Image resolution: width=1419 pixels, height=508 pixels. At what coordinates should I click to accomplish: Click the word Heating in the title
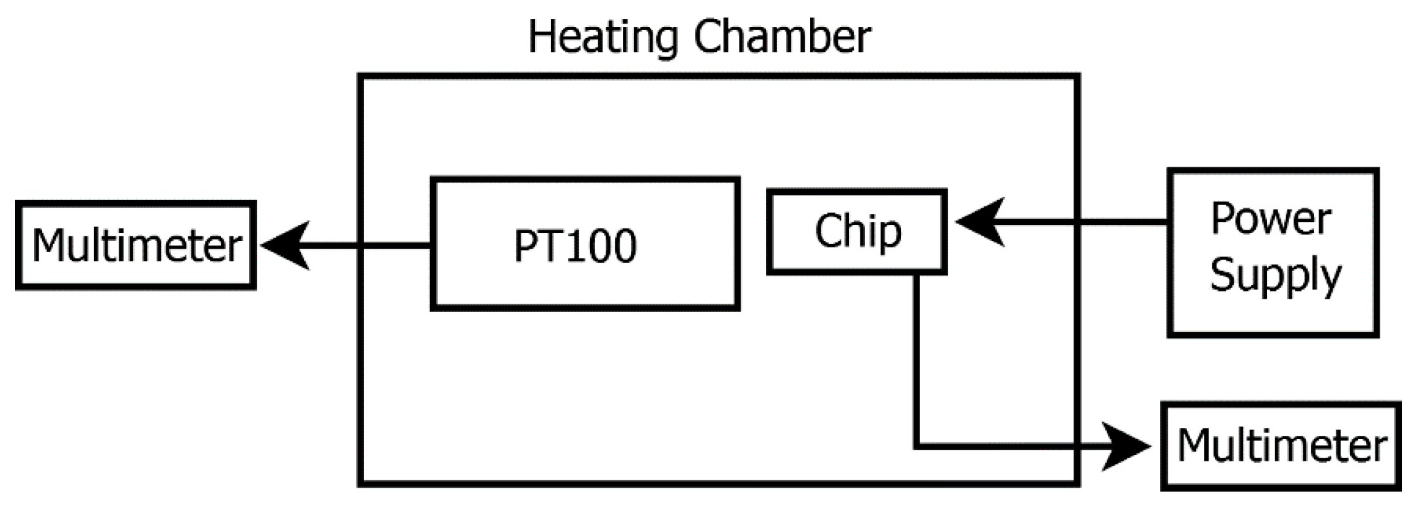point(602,37)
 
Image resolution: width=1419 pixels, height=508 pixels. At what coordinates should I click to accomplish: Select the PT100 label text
point(574,245)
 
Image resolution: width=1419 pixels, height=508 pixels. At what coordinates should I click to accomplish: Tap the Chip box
point(856,231)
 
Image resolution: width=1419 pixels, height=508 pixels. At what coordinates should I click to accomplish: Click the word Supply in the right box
point(1275,274)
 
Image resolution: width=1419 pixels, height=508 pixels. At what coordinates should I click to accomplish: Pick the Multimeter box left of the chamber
point(136,245)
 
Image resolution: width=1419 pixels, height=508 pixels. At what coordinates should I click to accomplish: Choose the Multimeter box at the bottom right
point(1281,446)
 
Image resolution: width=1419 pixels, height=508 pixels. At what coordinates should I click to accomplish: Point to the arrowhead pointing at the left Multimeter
point(285,245)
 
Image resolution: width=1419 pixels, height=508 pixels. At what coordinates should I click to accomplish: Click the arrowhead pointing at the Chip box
point(980,222)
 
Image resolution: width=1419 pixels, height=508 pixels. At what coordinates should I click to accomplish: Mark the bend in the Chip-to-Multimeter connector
point(916,446)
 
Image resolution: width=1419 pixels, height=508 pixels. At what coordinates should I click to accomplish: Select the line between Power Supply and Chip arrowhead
point(1082,222)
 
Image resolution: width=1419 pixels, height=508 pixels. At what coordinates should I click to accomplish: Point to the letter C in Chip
point(829,231)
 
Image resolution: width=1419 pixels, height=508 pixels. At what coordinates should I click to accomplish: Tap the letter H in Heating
point(541,37)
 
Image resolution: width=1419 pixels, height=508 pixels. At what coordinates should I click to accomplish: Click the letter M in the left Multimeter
point(50,246)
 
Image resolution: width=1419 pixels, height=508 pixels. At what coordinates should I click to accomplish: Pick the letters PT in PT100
point(534,246)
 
